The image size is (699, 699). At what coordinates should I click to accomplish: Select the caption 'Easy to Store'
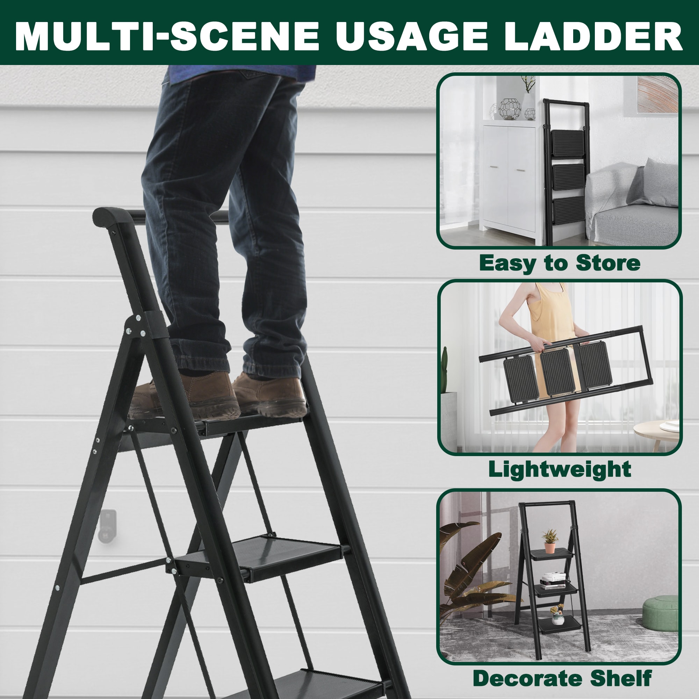pos(559,264)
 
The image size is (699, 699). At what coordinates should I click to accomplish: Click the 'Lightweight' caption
pos(560,470)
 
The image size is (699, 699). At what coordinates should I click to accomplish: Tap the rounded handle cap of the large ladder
pos(112,217)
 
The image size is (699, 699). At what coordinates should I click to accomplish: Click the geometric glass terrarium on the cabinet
pos(510,109)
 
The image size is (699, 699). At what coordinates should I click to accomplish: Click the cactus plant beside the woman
pos(445,369)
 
